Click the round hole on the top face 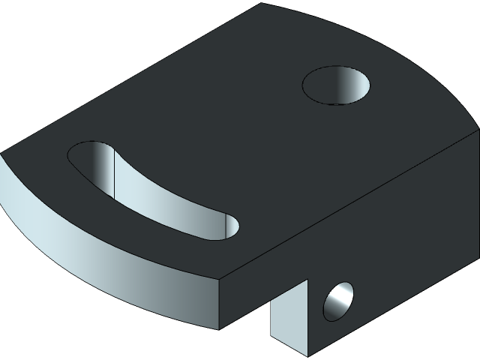click(x=337, y=85)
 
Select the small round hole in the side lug click(x=337, y=301)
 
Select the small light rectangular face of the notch click(x=289, y=315)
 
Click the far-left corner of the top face click(x=2, y=154)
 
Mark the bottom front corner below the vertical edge click(x=219, y=328)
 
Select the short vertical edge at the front click(x=219, y=304)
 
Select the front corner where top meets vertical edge click(x=220, y=279)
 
